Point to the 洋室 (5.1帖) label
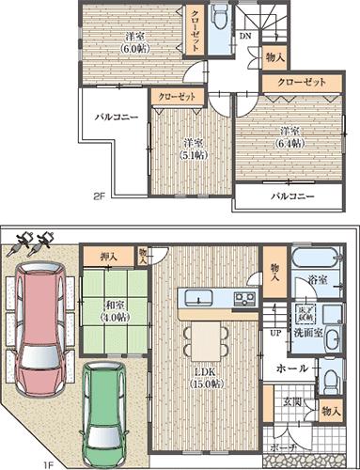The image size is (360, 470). (x=194, y=150)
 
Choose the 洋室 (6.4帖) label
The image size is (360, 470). (x=289, y=137)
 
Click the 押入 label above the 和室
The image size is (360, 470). (x=110, y=256)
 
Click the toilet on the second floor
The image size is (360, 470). (x=219, y=19)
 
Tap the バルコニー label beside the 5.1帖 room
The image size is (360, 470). (x=115, y=118)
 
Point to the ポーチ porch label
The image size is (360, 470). (x=286, y=448)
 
